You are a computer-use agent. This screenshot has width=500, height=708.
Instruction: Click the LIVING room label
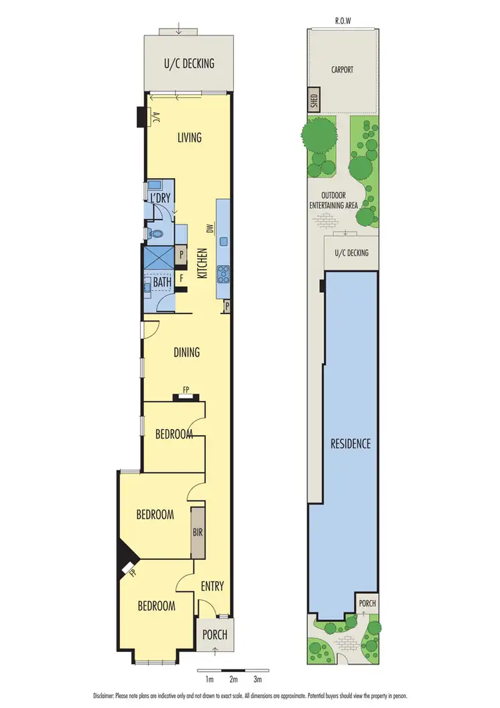(189, 138)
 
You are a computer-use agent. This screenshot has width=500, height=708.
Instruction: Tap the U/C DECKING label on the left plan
(189, 64)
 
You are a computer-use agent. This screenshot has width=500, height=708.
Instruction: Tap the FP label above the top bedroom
(186, 392)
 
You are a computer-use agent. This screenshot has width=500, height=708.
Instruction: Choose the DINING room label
(187, 352)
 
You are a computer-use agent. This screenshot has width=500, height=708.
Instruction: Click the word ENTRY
(212, 587)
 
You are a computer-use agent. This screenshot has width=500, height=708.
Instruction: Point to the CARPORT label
(342, 69)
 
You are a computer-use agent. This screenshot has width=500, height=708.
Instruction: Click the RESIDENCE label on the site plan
(351, 443)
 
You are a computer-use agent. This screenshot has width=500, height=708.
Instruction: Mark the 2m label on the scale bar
(233, 680)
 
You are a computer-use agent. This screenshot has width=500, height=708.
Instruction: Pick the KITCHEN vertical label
(202, 264)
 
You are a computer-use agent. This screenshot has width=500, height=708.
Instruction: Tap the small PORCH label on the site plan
(367, 603)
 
